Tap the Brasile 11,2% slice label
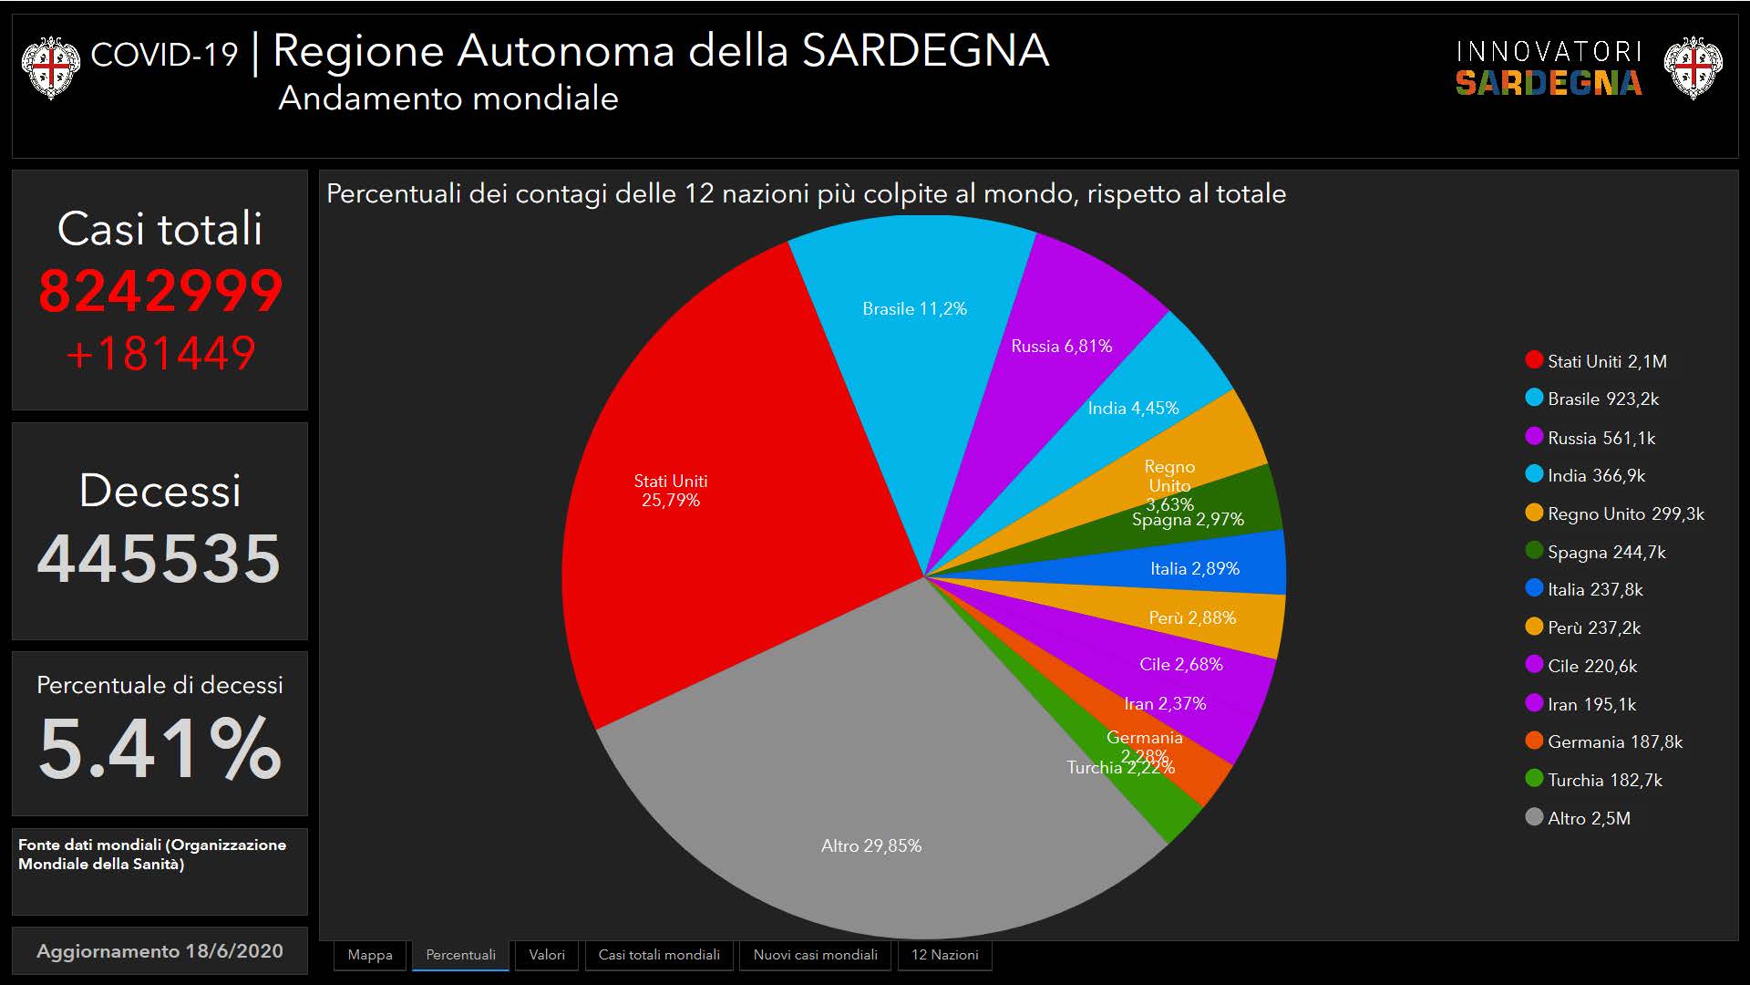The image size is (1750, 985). pos(914,309)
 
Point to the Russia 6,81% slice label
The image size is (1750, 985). pos(1061,347)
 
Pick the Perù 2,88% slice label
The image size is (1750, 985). pos(1192,618)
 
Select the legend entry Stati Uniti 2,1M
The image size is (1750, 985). pos(1606,361)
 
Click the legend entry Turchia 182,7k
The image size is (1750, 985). pos(1604,780)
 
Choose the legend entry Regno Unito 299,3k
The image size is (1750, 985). pos(1625,513)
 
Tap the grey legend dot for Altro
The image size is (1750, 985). pos(1534,817)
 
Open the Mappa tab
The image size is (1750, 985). pos(370,955)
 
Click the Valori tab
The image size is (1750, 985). pos(547,955)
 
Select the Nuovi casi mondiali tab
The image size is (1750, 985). pos(815,955)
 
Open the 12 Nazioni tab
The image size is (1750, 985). pos(944,955)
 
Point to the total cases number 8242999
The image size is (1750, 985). pos(160,292)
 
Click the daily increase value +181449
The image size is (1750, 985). pos(160,354)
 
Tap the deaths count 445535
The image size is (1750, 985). pos(160,558)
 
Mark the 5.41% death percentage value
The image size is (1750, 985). pos(160,748)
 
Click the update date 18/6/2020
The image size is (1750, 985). pos(233,950)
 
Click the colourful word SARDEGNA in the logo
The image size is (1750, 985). pos(1548,83)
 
